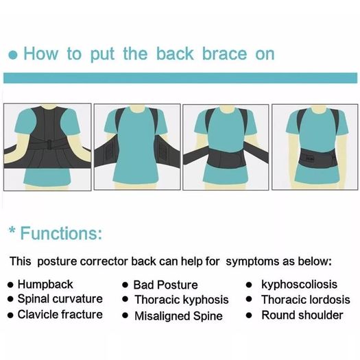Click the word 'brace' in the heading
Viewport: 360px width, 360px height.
(x=224, y=53)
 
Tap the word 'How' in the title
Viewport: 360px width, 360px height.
(x=41, y=53)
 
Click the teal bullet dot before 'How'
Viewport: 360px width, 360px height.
(x=13, y=55)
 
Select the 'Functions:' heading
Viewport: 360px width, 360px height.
(x=61, y=233)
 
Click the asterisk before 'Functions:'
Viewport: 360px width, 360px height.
(x=12, y=230)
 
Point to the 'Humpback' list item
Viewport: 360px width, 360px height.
(x=45, y=285)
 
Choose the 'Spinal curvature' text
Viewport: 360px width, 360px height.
(x=60, y=299)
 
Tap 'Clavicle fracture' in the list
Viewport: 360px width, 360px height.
(x=60, y=314)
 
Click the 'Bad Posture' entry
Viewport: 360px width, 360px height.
(x=165, y=285)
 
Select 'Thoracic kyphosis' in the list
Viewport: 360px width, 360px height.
(x=182, y=300)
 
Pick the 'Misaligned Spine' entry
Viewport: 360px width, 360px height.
(x=178, y=316)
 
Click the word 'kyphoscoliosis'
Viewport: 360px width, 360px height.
(x=300, y=285)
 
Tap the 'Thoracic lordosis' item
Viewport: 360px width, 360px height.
(x=306, y=300)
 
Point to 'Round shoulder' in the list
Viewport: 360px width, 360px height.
(x=302, y=315)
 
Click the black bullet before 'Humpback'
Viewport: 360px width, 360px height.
(x=10, y=285)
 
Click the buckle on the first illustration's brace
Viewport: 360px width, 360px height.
(x=49, y=145)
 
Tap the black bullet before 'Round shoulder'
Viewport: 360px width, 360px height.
(x=249, y=315)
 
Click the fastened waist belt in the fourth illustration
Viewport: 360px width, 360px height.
(x=316, y=158)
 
